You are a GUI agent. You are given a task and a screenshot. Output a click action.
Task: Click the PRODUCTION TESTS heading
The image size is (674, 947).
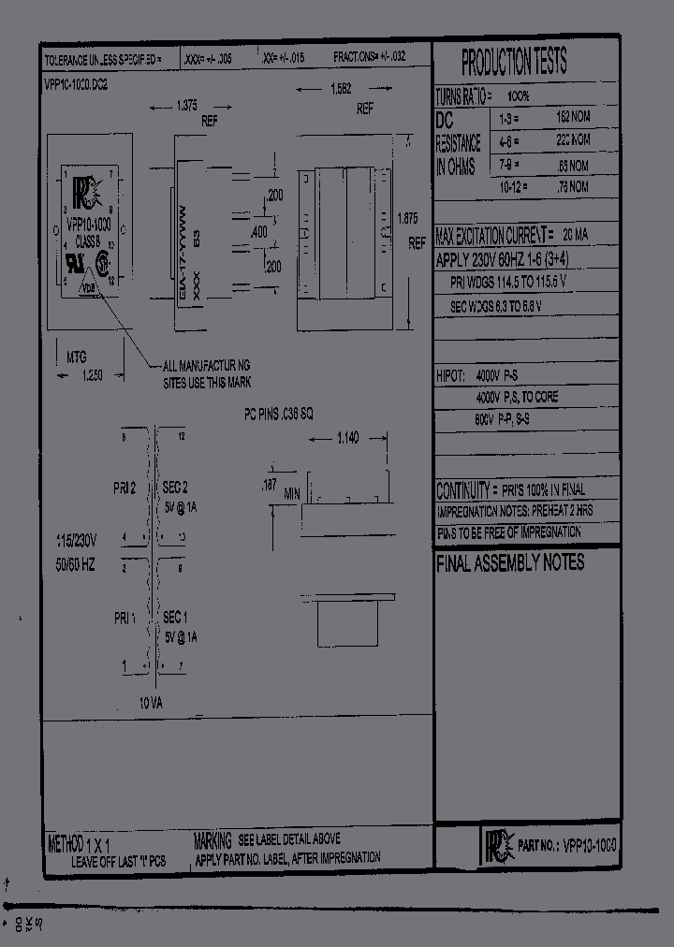(x=514, y=63)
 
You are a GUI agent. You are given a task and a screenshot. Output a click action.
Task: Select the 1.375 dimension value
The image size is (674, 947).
(x=187, y=107)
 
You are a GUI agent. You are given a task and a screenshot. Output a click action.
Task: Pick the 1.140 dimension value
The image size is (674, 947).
(x=347, y=436)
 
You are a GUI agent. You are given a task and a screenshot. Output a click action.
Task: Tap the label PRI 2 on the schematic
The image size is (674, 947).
(x=125, y=488)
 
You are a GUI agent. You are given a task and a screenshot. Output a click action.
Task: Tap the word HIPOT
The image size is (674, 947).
(x=450, y=375)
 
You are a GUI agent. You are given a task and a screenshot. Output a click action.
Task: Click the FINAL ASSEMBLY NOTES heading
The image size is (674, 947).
(x=510, y=562)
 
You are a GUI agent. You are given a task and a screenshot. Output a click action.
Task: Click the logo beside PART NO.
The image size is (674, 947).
(x=495, y=845)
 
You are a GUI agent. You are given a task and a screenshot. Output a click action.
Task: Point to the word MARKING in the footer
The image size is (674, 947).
(x=212, y=839)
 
